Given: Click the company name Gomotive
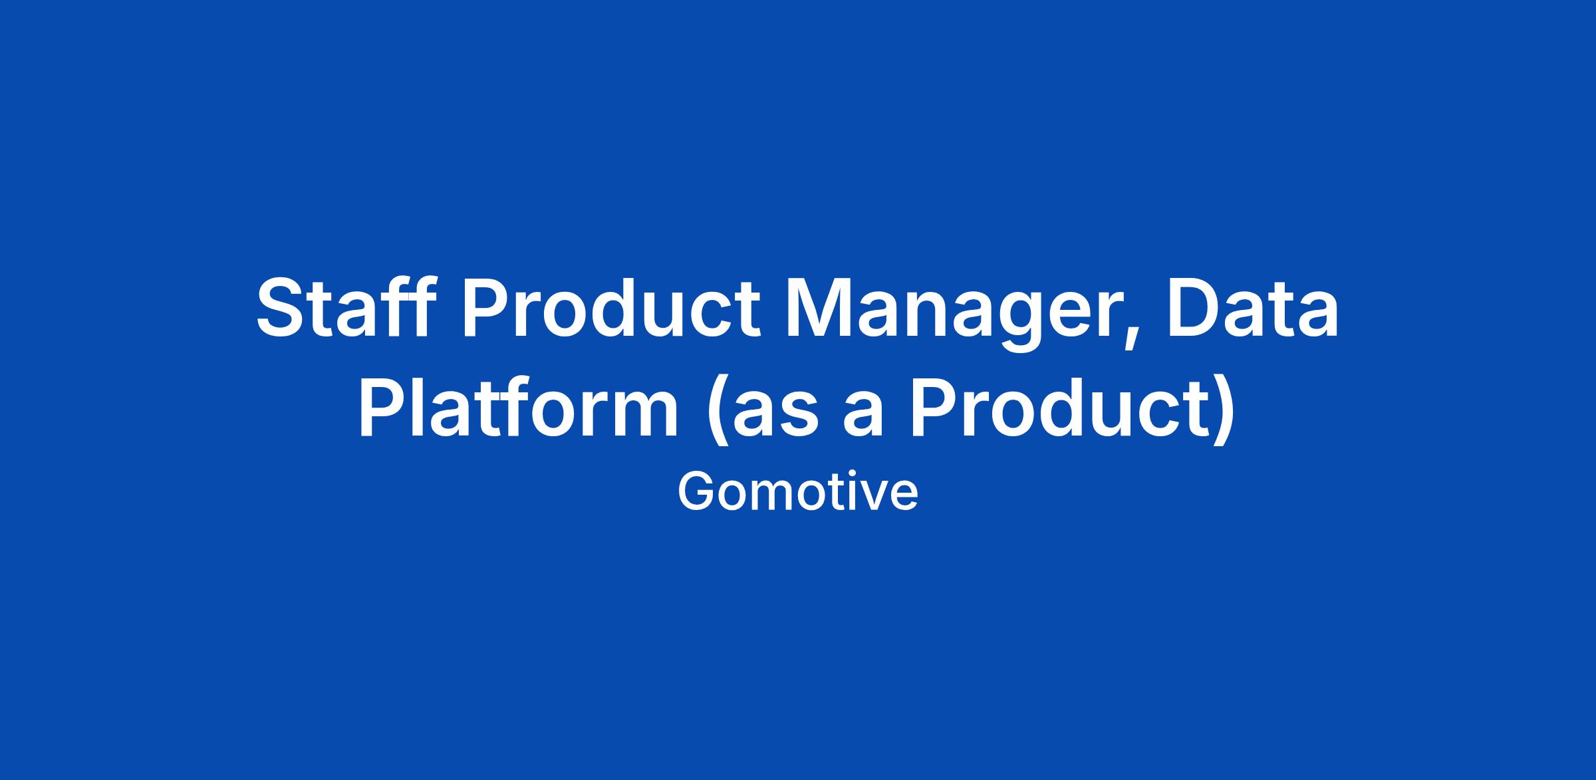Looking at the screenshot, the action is tap(798, 493).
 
